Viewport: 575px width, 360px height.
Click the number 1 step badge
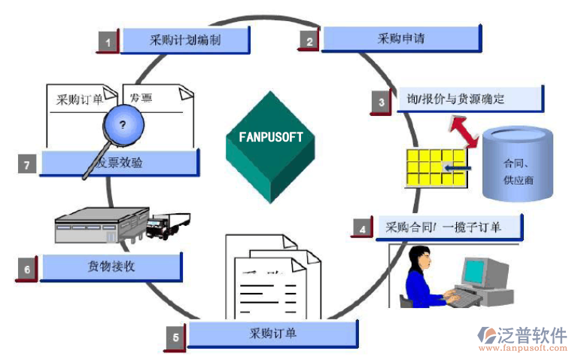tap(108, 42)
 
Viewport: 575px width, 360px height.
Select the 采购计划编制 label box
tap(185, 40)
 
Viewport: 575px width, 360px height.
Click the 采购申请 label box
tap(401, 38)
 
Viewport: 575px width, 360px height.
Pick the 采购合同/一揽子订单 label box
tap(448, 226)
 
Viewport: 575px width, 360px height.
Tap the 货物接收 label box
tap(111, 267)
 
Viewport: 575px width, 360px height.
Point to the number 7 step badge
tap(27, 164)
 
